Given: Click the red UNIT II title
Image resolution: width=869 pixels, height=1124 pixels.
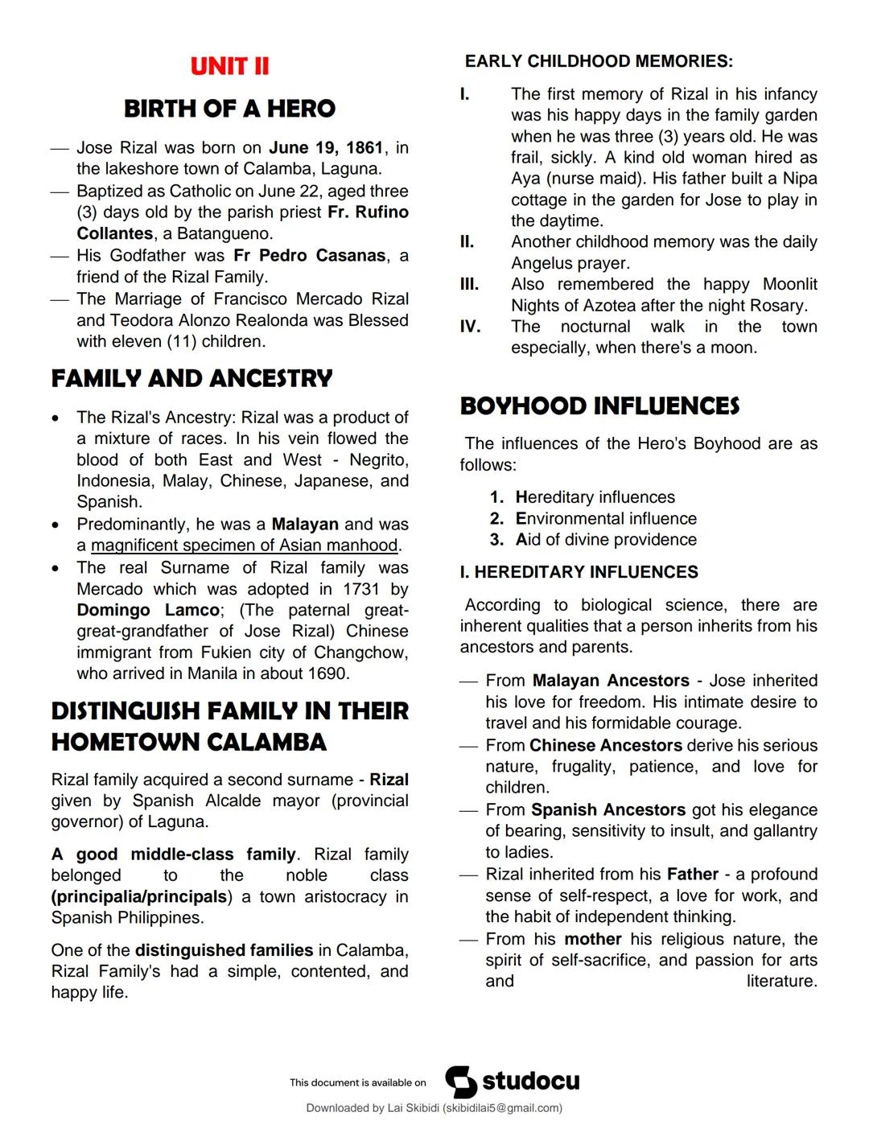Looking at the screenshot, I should pyautogui.click(x=229, y=66).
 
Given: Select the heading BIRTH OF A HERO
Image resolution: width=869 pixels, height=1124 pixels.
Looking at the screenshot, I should pyautogui.click(x=229, y=109).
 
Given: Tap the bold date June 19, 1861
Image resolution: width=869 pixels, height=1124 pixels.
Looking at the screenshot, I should pyautogui.click(x=326, y=148).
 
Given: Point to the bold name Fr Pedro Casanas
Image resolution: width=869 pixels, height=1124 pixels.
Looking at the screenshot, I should pyautogui.click(x=310, y=256).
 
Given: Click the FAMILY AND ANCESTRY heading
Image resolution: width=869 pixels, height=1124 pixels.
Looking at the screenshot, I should pyautogui.click(x=192, y=379).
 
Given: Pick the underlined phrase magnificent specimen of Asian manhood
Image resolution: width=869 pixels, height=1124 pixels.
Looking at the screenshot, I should pyautogui.click(x=245, y=546).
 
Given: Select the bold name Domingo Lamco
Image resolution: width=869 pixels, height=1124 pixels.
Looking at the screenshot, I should pyautogui.click(x=148, y=610).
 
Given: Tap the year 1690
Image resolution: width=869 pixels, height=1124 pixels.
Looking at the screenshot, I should pyautogui.click(x=326, y=673).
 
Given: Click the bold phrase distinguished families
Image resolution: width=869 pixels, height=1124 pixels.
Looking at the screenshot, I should pyautogui.click(x=224, y=950).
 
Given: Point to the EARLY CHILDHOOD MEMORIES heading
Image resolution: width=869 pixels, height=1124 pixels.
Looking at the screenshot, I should pyautogui.click(x=599, y=61).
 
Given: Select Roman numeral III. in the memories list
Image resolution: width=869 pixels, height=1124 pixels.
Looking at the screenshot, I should pyautogui.click(x=469, y=284).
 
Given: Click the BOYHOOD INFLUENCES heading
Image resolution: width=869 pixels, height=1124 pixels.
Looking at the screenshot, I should pyautogui.click(x=599, y=406).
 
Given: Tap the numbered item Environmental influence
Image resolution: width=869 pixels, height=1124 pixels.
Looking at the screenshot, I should pyautogui.click(x=606, y=519).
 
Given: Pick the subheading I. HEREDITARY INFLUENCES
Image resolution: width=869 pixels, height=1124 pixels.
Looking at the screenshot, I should pyautogui.click(x=579, y=572).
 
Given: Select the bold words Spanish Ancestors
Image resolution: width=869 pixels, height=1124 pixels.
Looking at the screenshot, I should pyautogui.click(x=608, y=810).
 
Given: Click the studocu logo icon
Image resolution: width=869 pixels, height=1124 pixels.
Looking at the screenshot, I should pyautogui.click(x=461, y=1082).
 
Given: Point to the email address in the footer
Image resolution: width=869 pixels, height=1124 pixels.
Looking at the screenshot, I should pyautogui.click(x=501, y=1108).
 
